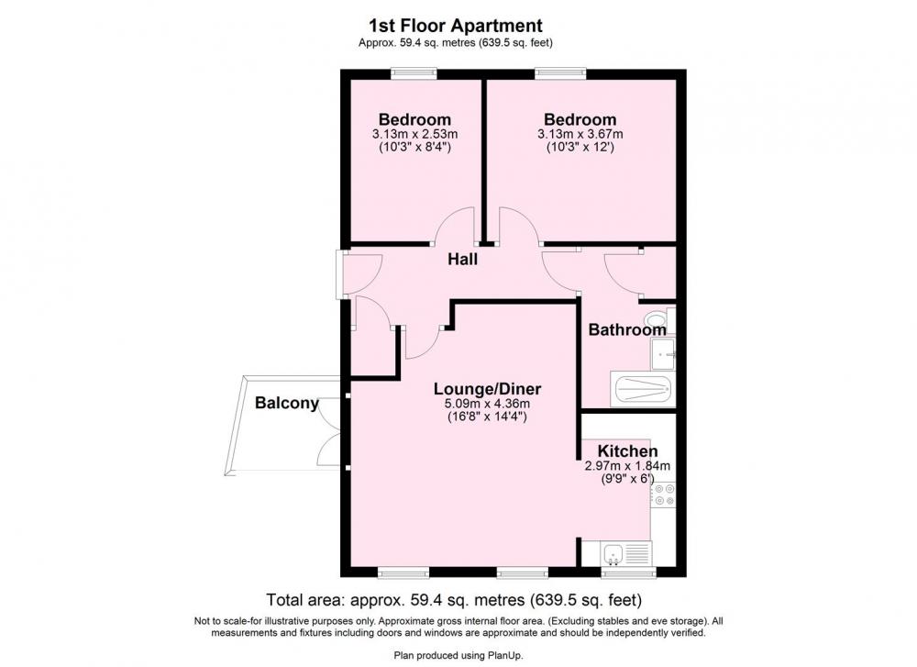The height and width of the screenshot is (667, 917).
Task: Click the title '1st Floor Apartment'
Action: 456,26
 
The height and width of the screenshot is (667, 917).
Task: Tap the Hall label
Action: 462,259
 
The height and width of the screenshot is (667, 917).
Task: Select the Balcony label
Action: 286,403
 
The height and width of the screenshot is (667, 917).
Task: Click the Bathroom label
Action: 627,329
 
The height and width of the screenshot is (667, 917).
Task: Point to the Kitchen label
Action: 627,451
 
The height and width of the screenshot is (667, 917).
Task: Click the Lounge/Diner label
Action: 487,388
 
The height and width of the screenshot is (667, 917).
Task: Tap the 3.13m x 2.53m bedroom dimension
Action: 414,134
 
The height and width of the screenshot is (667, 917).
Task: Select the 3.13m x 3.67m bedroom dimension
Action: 580,134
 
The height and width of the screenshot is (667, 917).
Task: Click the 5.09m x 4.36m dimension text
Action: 487,404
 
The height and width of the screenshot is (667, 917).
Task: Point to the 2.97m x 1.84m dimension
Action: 627,466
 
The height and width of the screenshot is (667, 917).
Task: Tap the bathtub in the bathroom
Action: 643,389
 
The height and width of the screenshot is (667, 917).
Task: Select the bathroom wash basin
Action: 663,354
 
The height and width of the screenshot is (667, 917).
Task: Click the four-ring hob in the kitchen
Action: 664,495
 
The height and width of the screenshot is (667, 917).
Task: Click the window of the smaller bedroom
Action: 414,73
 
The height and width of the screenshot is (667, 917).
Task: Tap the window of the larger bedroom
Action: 560,73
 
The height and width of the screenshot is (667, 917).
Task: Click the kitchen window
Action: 629,572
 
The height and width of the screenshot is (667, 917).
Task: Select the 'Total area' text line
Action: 454,600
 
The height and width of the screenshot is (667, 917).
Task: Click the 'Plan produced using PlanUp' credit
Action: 458,655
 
